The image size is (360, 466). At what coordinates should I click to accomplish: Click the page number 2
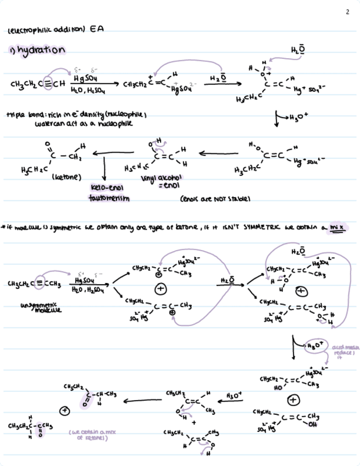(347, 12)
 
